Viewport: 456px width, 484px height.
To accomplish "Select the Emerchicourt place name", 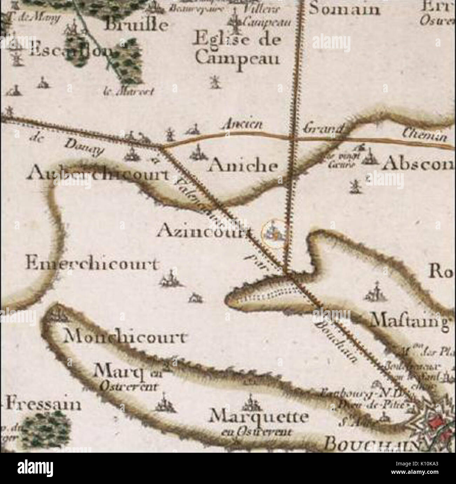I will click(92, 264).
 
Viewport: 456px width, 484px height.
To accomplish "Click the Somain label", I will click(344, 9).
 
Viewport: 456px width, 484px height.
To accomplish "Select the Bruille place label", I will click(137, 25).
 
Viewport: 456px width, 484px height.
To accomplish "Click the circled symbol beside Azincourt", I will click(274, 233).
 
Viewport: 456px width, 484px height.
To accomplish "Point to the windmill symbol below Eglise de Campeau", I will click(213, 82).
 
